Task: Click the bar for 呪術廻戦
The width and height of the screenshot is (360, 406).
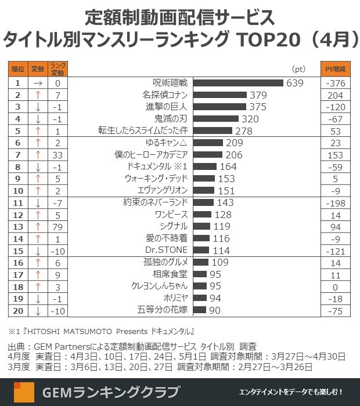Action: [237, 83]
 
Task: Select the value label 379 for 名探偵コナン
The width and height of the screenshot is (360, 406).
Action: [257, 95]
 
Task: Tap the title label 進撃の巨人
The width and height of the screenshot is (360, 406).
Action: [167, 107]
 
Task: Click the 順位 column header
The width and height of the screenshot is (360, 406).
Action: [18, 68]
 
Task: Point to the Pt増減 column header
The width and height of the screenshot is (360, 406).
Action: [336, 68]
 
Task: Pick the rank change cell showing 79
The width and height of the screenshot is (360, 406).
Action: [57, 226]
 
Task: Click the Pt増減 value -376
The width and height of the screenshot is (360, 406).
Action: [336, 83]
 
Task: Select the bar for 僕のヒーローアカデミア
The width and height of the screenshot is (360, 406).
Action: [207, 155]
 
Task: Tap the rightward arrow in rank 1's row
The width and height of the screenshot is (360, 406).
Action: [38, 83]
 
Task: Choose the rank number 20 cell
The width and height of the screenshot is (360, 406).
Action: [18, 310]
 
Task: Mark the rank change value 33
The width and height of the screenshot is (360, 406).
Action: [57, 155]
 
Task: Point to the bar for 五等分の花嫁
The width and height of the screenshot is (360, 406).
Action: [199, 310]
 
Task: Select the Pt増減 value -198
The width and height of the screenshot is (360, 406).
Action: [336, 202]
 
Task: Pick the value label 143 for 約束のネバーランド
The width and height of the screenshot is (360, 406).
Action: [225, 202]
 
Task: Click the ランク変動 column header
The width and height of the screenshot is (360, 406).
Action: [57, 68]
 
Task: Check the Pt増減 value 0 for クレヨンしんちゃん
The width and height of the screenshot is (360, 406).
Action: [336, 286]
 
